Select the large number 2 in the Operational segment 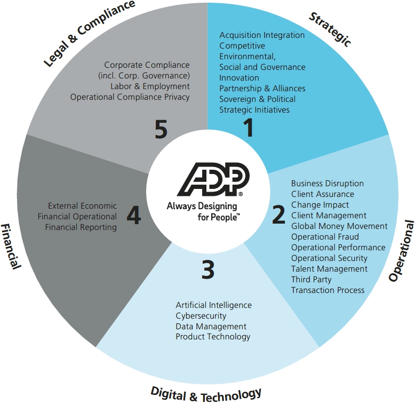pyautogui.click(x=278, y=214)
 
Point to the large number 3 pyautogui.click(x=207, y=270)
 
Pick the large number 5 pyautogui.click(x=161, y=129)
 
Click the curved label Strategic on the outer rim pyautogui.click(x=330, y=29)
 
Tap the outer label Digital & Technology pyautogui.click(x=206, y=394)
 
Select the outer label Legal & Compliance pyautogui.click(x=90, y=33)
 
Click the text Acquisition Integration pyautogui.click(x=262, y=35)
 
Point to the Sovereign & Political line pyautogui.click(x=257, y=99)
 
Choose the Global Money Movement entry pyautogui.click(x=339, y=226)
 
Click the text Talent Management pyautogui.click(x=329, y=269)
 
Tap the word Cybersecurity pyautogui.click(x=201, y=315)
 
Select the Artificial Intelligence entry pyautogui.click(x=213, y=305)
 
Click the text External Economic pyautogui.click(x=82, y=205)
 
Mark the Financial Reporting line pyautogui.click(x=81, y=227)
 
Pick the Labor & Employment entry pyautogui.click(x=150, y=86)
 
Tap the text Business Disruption pyautogui.click(x=328, y=184)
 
